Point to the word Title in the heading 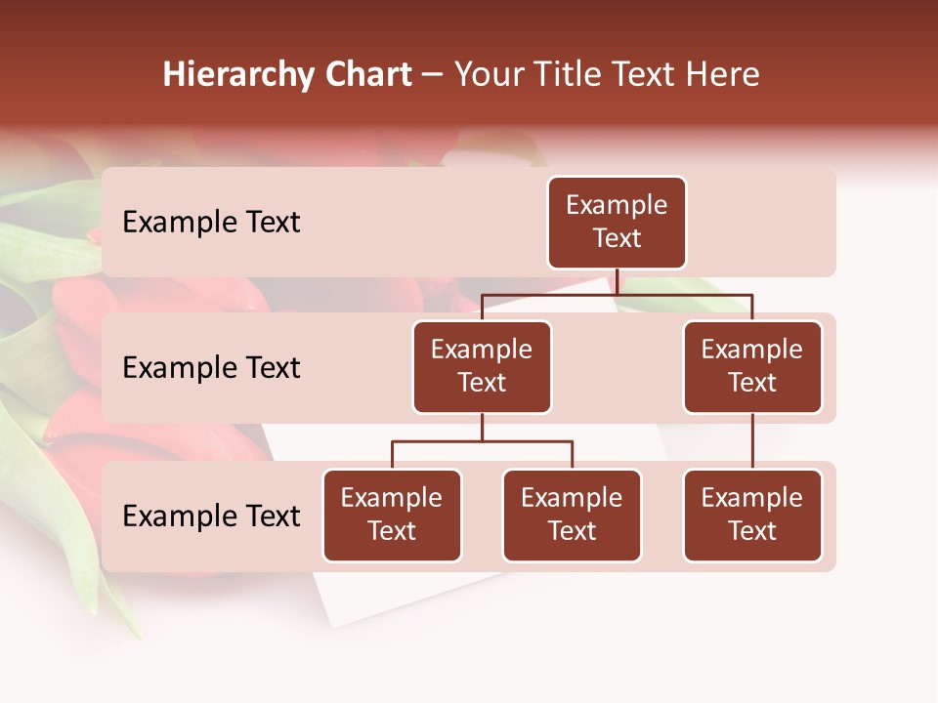coord(576,75)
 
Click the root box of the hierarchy coord(617,222)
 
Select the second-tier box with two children coord(482,366)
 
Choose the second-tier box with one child coord(752,366)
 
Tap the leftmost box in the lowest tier coord(392,515)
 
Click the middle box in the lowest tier coord(572,515)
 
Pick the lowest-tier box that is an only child coord(752,515)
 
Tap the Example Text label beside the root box coord(211,222)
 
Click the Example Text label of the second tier coord(211,367)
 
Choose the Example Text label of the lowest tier coord(211,516)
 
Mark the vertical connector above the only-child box coord(752,441)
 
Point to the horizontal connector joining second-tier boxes coord(684,294)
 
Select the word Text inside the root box coord(617,238)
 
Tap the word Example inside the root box coord(617,205)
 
